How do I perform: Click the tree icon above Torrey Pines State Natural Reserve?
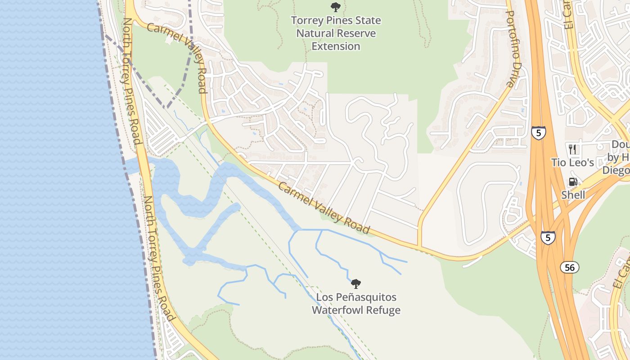tap(335, 7)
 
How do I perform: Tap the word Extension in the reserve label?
tap(336, 46)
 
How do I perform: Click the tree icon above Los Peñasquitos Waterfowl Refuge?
tap(356, 284)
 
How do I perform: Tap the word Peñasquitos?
tap(368, 297)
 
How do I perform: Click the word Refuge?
tap(384, 310)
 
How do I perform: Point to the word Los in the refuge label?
tap(324, 297)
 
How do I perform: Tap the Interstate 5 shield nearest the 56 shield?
tap(548, 237)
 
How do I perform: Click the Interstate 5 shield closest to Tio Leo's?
tap(538, 133)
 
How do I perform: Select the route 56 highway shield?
tap(570, 267)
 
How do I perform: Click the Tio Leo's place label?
tap(573, 162)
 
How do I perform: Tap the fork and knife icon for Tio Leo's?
tap(573, 149)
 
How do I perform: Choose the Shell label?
tap(573, 195)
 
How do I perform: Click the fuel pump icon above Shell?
tap(573, 182)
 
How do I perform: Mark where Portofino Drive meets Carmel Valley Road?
tap(419, 246)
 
